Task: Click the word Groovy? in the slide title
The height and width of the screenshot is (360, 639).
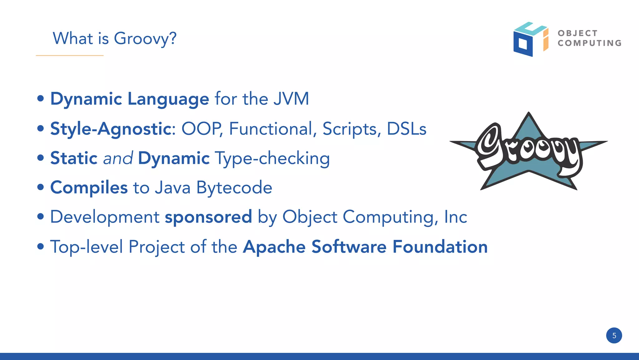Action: [x=145, y=39]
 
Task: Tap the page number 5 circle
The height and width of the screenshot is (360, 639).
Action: [x=614, y=336]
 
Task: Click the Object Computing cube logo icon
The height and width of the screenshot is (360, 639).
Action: [x=530, y=39]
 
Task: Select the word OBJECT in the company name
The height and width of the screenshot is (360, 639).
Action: [x=578, y=33]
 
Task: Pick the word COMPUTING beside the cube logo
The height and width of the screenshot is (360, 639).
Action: [x=590, y=43]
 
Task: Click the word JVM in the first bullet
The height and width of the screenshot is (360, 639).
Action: [x=291, y=99]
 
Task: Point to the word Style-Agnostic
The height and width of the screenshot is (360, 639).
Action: [x=111, y=129]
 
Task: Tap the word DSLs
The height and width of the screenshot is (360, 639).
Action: [x=406, y=129]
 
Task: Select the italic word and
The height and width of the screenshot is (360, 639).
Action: [x=118, y=158]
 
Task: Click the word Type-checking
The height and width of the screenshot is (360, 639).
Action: [x=272, y=158]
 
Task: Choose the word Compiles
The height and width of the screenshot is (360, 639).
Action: [x=89, y=188]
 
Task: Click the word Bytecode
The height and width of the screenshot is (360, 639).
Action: [x=234, y=188]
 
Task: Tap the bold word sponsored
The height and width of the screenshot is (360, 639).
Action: [x=208, y=217]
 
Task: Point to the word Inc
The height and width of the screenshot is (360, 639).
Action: [x=456, y=217]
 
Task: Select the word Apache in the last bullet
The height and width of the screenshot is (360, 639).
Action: [x=274, y=247]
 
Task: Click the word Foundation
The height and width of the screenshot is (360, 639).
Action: [x=440, y=247]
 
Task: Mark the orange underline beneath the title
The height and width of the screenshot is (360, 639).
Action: [x=70, y=56]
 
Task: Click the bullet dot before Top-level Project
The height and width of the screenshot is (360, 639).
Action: [x=41, y=247]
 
